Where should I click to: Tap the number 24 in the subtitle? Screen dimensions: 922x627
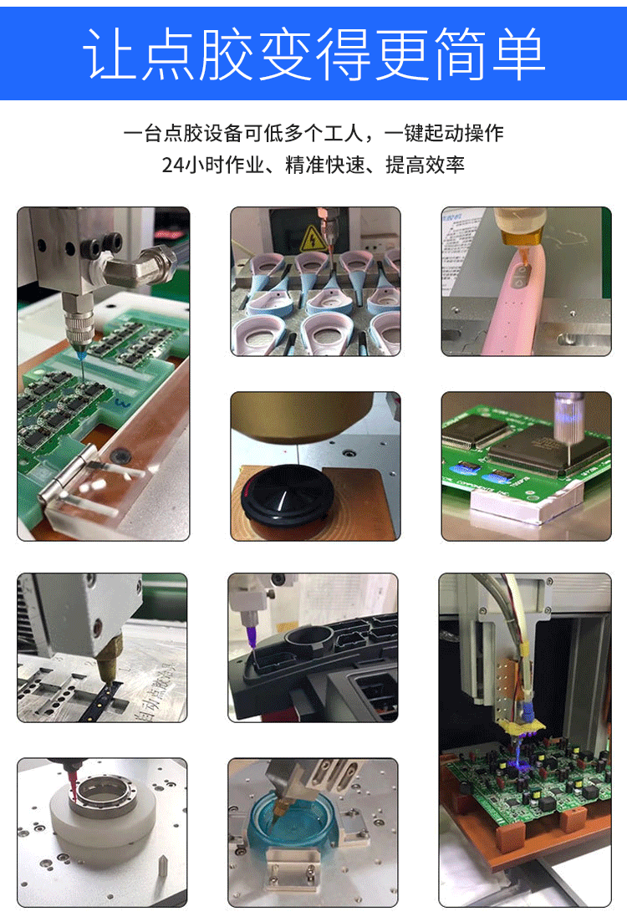173,165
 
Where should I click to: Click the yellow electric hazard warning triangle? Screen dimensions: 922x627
313,238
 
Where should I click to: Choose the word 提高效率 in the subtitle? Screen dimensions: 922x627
425,165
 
